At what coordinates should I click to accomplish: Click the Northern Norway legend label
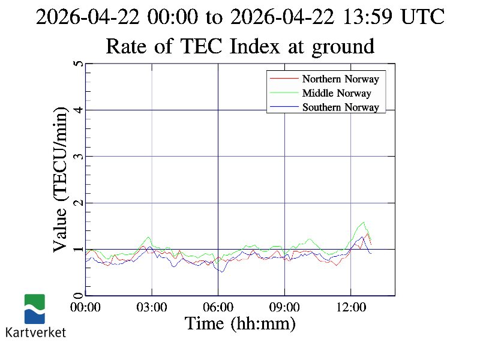click(340, 79)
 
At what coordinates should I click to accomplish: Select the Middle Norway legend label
click(337, 93)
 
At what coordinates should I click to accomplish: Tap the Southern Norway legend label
click(340, 107)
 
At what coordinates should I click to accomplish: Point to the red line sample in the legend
click(284, 79)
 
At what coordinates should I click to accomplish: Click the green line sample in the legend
click(284, 93)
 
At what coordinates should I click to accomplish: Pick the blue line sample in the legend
click(284, 107)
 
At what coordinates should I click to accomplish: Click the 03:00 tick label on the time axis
click(152, 307)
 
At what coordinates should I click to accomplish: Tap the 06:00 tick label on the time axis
click(218, 307)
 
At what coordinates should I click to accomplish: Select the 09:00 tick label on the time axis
click(284, 307)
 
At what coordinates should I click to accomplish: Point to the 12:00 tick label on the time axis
click(350, 307)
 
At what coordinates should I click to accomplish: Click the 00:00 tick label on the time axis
click(86, 307)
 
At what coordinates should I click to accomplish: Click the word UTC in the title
click(423, 17)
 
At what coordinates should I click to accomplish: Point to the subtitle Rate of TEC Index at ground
click(240, 46)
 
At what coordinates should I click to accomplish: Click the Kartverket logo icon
click(35, 309)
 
